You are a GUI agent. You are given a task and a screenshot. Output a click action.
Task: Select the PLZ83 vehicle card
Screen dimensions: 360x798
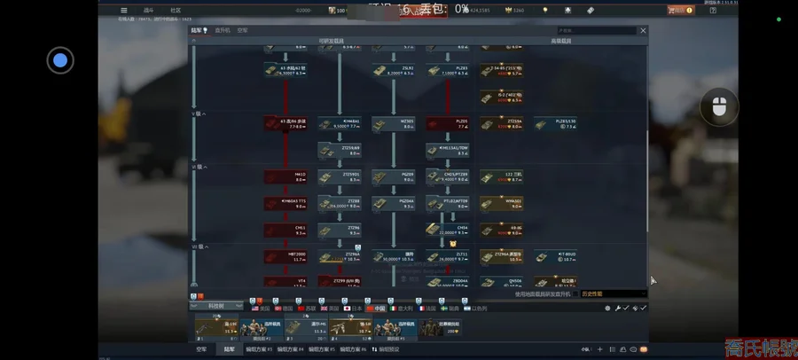tap(448, 71)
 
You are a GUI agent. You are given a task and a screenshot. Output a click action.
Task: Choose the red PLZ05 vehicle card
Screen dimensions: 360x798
tap(448, 125)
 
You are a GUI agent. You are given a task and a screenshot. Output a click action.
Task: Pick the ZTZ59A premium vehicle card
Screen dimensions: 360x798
tap(501, 125)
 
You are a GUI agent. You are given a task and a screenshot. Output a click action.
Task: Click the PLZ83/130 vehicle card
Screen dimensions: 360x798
tap(555, 125)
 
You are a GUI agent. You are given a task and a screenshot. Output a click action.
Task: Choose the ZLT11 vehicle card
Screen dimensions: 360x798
tap(448, 257)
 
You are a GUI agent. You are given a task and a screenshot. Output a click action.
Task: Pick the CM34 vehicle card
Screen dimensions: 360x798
tap(448, 230)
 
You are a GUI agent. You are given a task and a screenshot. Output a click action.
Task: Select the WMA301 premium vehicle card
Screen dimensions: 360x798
tap(501, 204)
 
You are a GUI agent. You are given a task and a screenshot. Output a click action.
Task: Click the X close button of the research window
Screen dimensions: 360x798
tap(643, 30)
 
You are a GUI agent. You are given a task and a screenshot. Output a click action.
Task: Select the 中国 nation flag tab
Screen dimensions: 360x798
tap(376, 308)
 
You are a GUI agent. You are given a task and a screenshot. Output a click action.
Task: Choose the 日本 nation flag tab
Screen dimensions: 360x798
tap(348, 308)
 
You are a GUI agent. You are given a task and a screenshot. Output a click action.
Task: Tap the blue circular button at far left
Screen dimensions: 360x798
tap(59, 60)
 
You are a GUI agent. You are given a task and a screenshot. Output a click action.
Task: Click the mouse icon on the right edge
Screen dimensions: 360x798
tap(719, 108)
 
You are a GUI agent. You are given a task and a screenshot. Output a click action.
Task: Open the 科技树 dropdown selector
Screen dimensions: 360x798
tap(217, 307)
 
